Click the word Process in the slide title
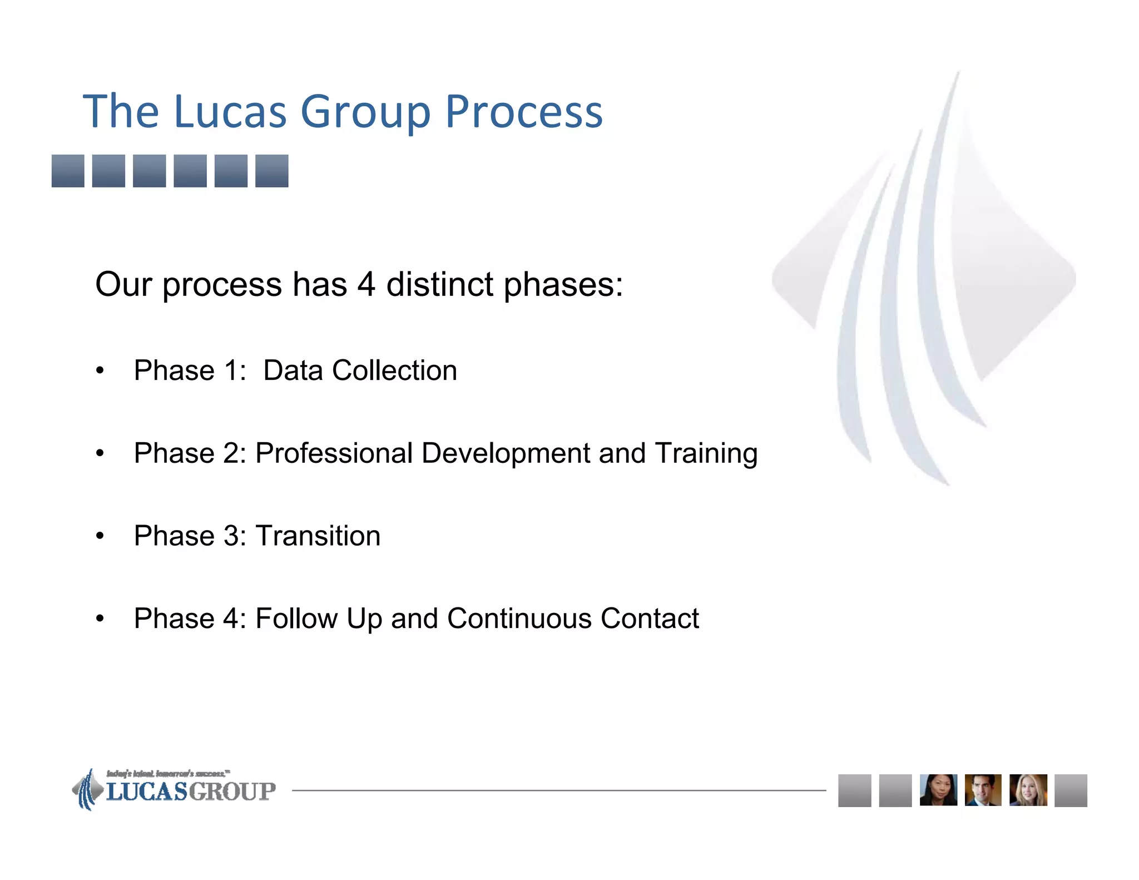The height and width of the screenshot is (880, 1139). tap(523, 113)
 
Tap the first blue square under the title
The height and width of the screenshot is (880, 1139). tap(68, 171)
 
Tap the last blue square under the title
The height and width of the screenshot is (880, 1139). tap(271, 171)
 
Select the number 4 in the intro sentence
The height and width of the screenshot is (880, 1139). tap(366, 285)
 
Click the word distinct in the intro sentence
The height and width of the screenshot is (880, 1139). tap(439, 285)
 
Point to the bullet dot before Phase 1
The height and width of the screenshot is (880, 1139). tap(100, 371)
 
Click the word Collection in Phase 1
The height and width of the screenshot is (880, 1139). tap(394, 370)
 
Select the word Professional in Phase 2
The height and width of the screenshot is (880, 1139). tap(334, 453)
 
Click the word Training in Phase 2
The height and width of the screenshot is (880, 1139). tap(706, 454)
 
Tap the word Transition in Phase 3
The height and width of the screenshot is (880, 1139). tap(318, 536)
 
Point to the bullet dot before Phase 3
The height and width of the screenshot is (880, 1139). tap(100, 536)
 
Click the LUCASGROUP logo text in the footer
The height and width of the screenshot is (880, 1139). tap(191, 792)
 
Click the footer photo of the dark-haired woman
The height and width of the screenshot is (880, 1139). tap(938, 790)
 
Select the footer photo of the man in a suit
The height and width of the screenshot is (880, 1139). tap(983, 790)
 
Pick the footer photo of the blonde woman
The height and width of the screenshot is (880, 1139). tap(1028, 790)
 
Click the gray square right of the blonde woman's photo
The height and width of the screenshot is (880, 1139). tap(1071, 790)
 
